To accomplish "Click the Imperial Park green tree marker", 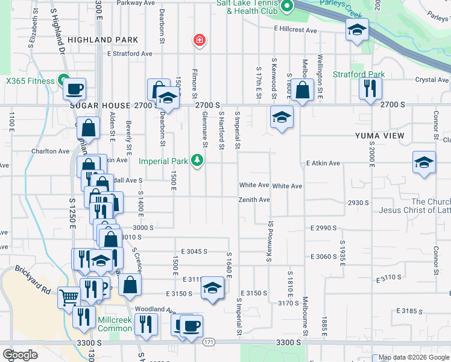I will point(197,160).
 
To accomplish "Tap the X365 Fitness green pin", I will point(62,80).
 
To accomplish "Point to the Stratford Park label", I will point(359,75).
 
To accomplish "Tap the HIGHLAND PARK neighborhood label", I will point(102,40).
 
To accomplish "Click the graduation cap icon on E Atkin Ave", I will point(424,162).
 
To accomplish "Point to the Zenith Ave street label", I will point(254,200).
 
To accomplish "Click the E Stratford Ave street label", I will point(130,54).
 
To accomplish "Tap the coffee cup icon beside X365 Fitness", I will point(74,89).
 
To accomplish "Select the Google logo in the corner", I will point(20,354).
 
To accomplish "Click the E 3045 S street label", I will point(194,251).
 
